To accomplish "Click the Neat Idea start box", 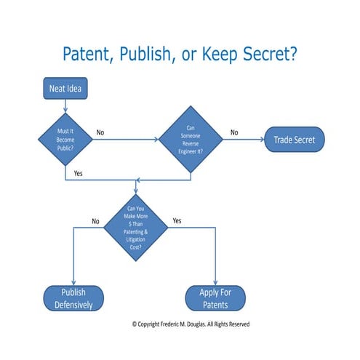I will tap(65, 90).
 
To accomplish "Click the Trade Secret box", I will tap(294, 140).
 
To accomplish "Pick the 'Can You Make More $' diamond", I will tap(137, 228).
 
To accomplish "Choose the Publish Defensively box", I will tap(73, 298).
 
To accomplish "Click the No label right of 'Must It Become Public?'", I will tap(100, 132).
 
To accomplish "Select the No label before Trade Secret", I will tap(234, 132).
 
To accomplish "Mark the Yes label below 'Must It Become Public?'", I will tap(79, 173).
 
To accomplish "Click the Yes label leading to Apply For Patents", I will tap(177, 220).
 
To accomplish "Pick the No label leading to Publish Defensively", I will tap(95, 220).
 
